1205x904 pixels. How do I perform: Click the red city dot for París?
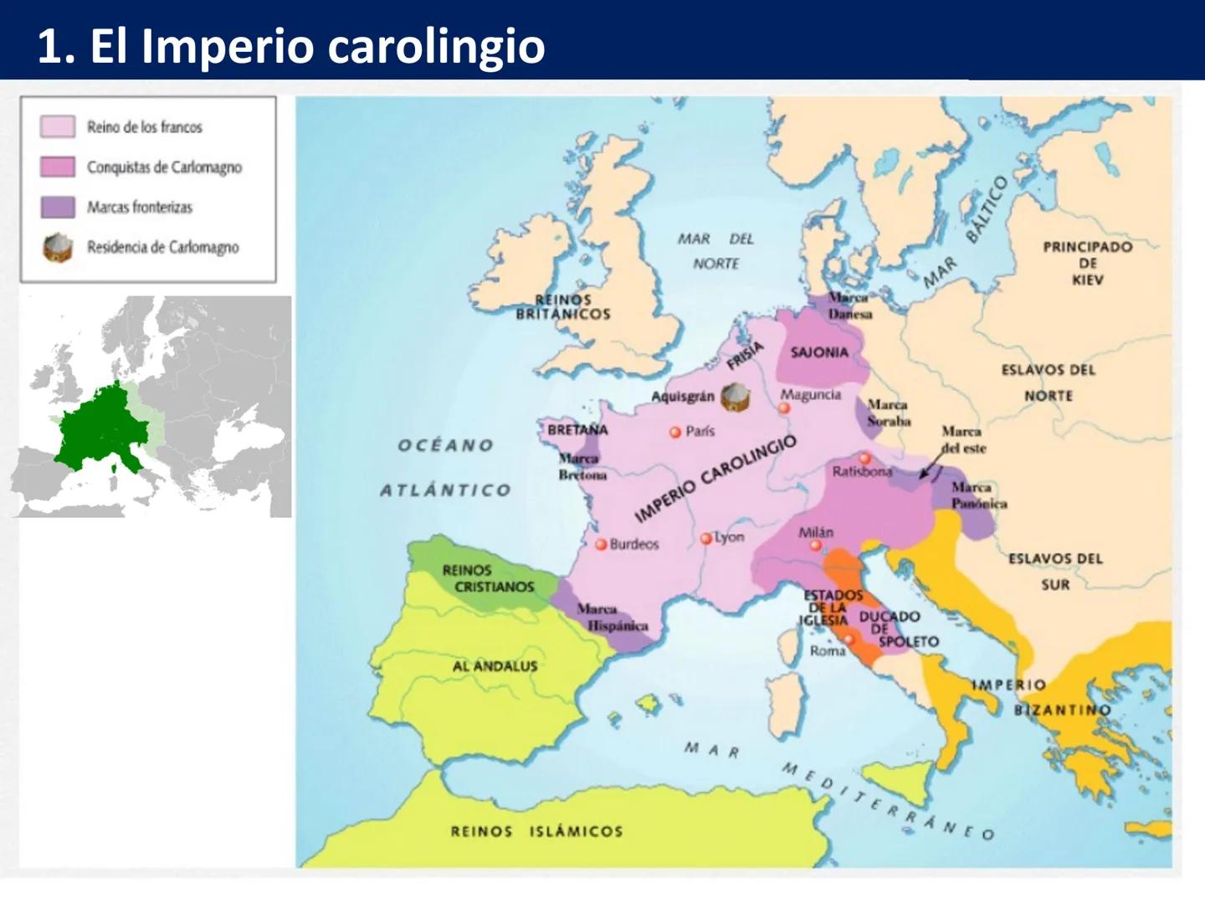point(674,433)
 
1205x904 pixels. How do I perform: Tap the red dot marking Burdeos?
point(600,544)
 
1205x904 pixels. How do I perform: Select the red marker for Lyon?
point(706,538)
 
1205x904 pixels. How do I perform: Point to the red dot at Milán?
point(815,546)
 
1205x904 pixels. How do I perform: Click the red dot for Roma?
point(849,639)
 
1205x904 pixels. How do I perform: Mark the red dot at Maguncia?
point(784,408)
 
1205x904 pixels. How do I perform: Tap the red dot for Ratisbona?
point(864,459)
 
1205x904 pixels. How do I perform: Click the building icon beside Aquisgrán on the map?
point(735,397)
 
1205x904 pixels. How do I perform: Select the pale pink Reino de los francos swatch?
point(58,126)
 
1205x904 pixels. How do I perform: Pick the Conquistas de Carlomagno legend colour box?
point(58,167)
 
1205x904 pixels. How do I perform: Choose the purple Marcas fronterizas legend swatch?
point(58,207)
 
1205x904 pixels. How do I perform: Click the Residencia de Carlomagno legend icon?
point(58,248)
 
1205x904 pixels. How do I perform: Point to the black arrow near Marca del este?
point(927,467)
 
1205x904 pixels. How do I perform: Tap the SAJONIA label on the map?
point(819,352)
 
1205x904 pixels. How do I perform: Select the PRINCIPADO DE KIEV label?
point(1087,263)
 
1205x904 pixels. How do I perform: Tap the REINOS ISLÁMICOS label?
point(536,831)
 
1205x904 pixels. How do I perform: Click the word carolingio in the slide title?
point(436,46)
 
